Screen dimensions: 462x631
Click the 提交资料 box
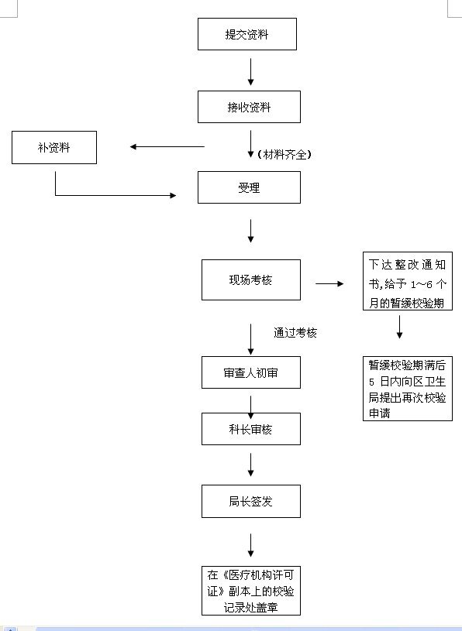[x=247, y=34]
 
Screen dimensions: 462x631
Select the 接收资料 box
[x=249, y=107]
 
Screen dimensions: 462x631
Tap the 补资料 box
[x=54, y=147]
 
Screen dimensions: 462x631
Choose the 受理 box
[x=249, y=187]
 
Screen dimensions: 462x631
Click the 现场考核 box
[x=251, y=279]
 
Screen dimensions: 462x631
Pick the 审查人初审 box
[x=251, y=372]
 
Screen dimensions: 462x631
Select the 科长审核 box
[x=251, y=429]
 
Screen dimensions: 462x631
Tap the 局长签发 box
[x=251, y=501]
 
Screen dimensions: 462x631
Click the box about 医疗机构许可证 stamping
[x=251, y=591]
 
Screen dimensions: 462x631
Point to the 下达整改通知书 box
[x=408, y=281]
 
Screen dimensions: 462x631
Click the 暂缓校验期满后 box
[x=408, y=389]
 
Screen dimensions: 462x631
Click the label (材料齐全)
[x=284, y=155]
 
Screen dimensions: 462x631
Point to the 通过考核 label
[x=295, y=333]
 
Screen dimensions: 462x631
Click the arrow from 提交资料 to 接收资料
[x=250, y=72]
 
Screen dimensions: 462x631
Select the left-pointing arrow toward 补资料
[x=167, y=147]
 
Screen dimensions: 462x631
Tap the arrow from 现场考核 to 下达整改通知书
[x=329, y=283]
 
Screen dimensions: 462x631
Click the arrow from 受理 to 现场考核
[x=250, y=231]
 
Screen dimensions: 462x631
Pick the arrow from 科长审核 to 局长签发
[x=250, y=465]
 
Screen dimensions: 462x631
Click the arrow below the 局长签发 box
[x=250, y=545]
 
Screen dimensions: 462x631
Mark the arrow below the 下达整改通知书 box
[x=399, y=327]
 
